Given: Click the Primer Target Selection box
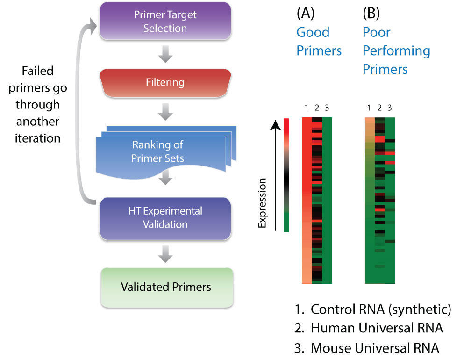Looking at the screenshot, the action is pos(165,21).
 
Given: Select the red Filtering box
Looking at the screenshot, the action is pos(165,83).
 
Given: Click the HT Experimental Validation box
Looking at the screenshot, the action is pos(165,218).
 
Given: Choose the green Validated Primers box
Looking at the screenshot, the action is pos(167,288).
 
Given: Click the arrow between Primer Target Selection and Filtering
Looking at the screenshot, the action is pos(165,54).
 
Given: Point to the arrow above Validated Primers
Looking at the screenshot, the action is pos(165,254).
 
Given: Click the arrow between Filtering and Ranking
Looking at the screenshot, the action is pos(165,112).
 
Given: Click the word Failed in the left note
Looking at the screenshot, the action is pos(37,71).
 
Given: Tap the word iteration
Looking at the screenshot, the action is pos(37,138).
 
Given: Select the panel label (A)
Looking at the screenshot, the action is pos(306,13).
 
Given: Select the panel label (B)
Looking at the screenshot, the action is pos(371,13).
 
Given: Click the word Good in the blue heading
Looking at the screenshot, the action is pos(313,32).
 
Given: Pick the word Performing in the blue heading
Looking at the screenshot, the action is pos(396,51).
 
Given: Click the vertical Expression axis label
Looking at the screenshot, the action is pos(262,203).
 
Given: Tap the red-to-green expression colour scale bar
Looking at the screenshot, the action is pos(286,175).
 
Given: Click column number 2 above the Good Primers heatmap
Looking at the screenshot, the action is pos(317,108).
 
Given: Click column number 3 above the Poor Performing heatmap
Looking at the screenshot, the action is pos(390,108).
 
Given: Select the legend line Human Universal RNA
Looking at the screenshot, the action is pos(369,328).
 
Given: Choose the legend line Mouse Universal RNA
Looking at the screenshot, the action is pos(367,348).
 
